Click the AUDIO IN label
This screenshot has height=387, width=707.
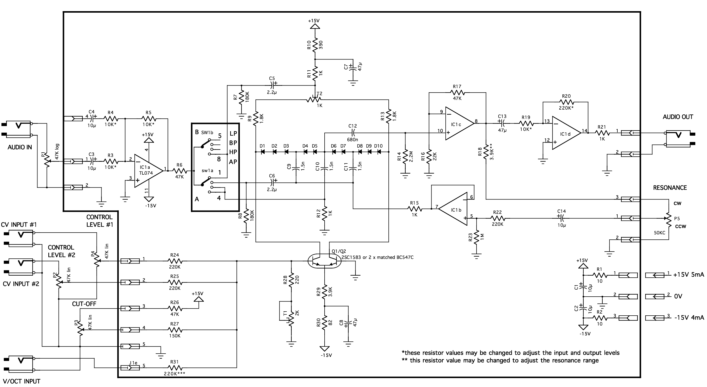[x=19, y=147]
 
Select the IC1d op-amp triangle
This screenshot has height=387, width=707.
[x=565, y=134]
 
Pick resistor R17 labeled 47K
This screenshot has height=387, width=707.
[x=457, y=92]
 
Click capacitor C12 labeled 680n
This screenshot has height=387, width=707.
[x=353, y=133]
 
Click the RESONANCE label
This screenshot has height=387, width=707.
[x=670, y=188]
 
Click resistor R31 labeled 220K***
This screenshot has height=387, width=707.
[x=174, y=368]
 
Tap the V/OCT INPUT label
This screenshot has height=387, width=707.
[x=22, y=381]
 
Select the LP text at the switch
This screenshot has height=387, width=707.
[x=233, y=134]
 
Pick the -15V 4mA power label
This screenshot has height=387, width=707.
[x=689, y=318]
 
